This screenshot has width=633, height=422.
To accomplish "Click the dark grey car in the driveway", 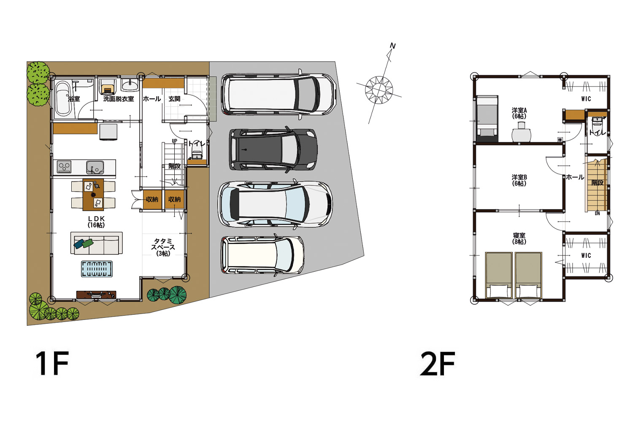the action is tap(273, 149).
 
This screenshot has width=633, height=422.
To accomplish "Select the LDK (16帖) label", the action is tap(96, 222).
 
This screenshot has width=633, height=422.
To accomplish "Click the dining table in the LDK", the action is tap(93, 195).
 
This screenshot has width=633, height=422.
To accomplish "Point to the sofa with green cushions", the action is tap(96, 243).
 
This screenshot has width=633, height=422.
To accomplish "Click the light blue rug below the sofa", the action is tap(97, 269).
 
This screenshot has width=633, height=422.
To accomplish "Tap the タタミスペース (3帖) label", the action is tap(163, 247).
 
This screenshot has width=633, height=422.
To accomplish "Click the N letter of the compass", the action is tap(393, 46).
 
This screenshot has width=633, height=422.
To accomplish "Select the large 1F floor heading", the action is tap(52, 363).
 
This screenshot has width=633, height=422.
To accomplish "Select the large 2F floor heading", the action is tap(438, 363).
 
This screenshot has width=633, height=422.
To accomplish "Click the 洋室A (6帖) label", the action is tap(519, 113).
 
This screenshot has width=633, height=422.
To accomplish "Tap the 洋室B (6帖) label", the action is tap(519, 180).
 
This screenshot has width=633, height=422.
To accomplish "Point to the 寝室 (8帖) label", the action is tap(519, 238).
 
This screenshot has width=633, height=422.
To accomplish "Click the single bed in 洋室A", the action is tap(487, 119).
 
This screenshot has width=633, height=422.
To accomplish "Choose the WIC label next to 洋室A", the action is tap(586, 99).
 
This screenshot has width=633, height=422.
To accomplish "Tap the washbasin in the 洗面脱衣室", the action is tap(130, 85).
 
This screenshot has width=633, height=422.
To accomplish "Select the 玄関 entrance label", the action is tap(174, 99).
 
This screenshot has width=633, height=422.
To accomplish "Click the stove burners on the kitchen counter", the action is tap(64, 167).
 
